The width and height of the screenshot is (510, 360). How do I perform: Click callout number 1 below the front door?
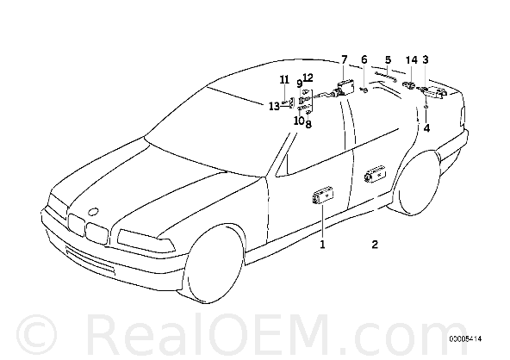tap(322, 245)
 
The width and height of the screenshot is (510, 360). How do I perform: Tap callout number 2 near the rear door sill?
tap(375, 245)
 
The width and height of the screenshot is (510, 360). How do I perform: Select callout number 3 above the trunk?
tap(426, 59)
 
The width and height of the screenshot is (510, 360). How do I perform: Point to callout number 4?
tap(426, 128)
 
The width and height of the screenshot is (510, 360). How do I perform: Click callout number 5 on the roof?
tap(388, 59)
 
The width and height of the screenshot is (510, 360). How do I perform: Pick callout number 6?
tap(364, 59)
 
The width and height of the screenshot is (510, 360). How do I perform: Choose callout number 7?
tap(344, 59)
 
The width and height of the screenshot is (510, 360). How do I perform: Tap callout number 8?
tap(308, 124)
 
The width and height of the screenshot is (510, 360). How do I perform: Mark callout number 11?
tap(284, 79)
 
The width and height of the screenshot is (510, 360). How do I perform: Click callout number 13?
tap(274, 106)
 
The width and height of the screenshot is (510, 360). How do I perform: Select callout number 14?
tap(411, 59)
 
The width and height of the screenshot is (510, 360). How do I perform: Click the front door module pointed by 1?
tap(323, 197)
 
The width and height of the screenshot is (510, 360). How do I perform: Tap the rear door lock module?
tap(376, 175)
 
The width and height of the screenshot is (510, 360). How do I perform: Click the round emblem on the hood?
tap(94, 212)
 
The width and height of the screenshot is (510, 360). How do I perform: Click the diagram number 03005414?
tap(465, 339)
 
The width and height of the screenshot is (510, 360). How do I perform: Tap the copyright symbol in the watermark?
tap(36, 335)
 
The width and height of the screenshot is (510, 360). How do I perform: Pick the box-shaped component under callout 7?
tap(344, 88)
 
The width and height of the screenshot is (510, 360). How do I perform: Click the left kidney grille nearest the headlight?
tap(77, 225)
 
